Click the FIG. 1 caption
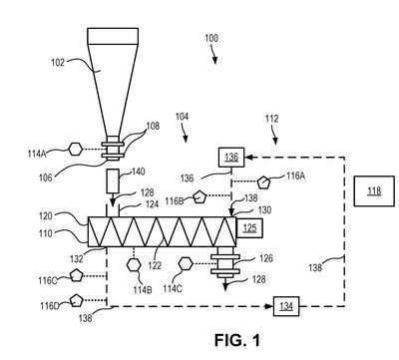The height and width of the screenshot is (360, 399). [237, 340]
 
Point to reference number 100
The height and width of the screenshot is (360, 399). [211, 38]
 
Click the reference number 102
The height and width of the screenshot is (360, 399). [58, 63]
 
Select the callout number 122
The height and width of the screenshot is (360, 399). [155, 265]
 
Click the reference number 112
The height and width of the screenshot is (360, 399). [271, 119]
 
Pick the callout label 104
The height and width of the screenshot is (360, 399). [182, 117]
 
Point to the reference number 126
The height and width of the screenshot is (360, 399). [266, 258]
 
